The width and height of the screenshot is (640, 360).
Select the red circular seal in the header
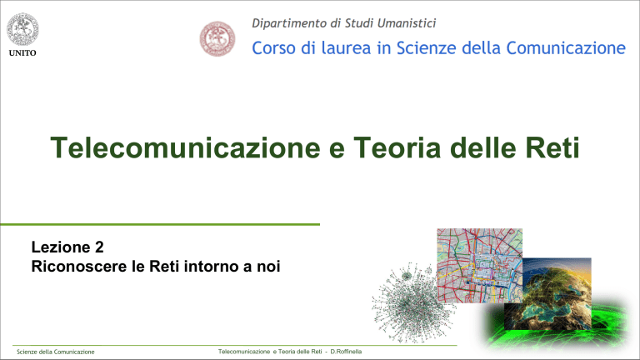pos(218,38)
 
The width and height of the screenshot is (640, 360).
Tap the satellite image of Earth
pos(567,301)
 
